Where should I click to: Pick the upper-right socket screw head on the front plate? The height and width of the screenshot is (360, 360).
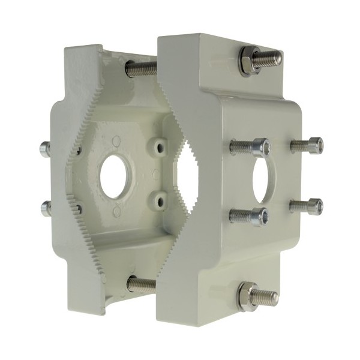click(314, 145)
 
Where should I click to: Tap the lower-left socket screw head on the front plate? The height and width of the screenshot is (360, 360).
click(259, 216)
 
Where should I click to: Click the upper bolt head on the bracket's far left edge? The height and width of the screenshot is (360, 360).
click(44, 149)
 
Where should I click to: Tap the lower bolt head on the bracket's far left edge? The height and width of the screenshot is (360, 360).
click(45, 208)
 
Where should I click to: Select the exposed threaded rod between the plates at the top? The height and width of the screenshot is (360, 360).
click(142, 68)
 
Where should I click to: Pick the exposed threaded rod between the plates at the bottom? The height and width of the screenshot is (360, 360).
click(142, 284)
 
